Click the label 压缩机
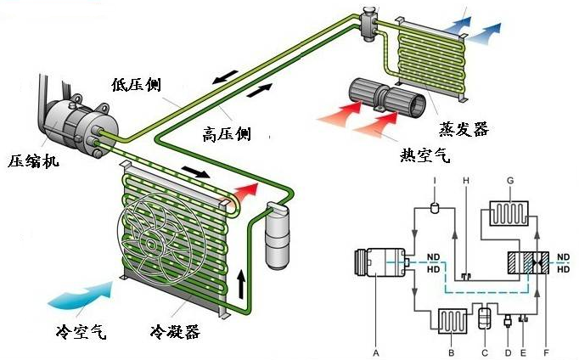34,160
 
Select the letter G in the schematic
509,181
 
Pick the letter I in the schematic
434,181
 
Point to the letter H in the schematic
465,181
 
